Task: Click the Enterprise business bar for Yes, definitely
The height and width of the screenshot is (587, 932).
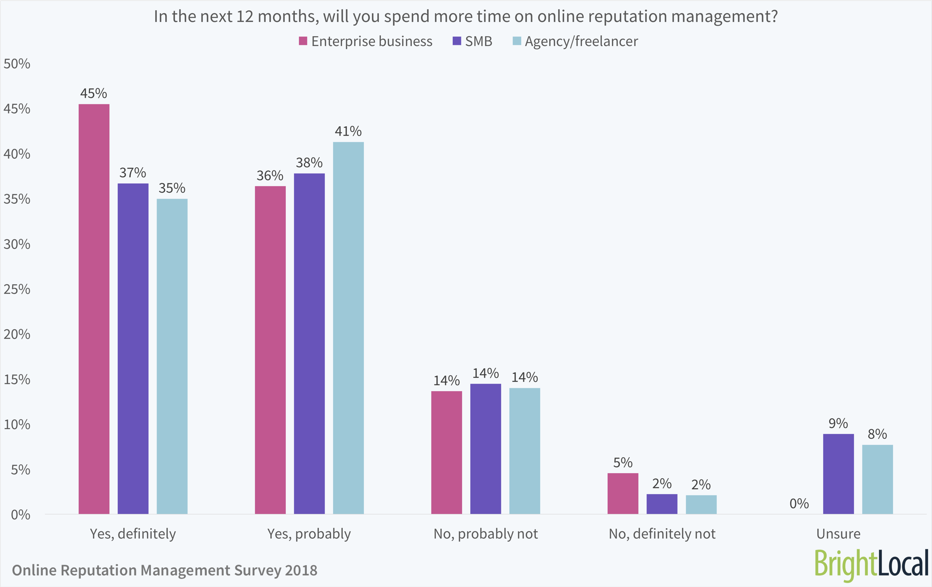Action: click(94, 309)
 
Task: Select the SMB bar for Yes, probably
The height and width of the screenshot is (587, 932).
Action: click(309, 343)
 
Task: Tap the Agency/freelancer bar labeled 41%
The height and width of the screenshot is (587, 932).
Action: click(348, 328)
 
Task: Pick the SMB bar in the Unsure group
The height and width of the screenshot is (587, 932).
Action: click(838, 474)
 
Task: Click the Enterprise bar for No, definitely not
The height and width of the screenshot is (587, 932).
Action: click(623, 493)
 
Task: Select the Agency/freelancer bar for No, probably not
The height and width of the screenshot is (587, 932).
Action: click(524, 451)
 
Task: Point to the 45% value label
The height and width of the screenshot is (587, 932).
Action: click(94, 93)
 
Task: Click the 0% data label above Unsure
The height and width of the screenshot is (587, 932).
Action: click(799, 504)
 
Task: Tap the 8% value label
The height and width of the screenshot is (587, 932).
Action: click(877, 434)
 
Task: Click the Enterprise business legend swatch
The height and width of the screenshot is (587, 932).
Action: click(303, 41)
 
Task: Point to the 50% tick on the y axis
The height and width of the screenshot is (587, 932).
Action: click(17, 64)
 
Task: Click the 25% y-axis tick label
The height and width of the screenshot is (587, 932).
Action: click(17, 289)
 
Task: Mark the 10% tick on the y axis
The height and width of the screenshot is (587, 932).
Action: click(17, 424)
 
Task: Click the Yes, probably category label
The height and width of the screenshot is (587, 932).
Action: click(309, 533)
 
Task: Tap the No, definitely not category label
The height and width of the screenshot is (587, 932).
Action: click(662, 533)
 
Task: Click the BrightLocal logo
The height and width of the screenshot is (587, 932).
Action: click(871, 564)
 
